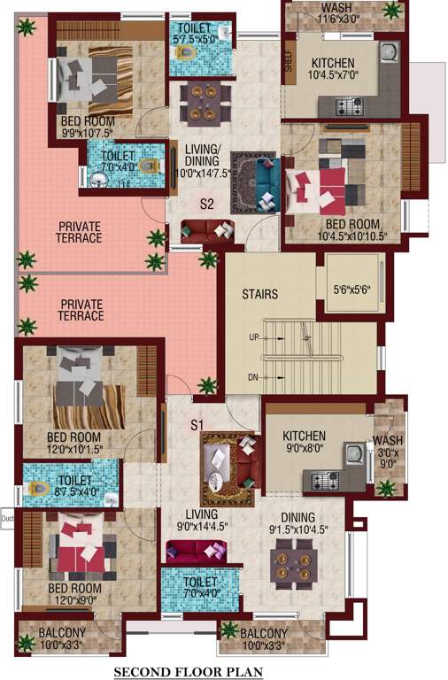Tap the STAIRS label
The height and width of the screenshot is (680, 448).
pos(261,294)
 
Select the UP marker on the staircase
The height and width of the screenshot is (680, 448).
pos(253,338)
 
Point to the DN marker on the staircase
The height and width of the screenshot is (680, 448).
pos(253,378)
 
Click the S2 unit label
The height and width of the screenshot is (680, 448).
pos(207,204)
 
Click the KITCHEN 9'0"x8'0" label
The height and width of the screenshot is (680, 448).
pos(304,443)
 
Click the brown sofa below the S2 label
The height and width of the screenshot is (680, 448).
pos(207,231)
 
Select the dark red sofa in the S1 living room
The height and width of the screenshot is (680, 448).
pos(195,554)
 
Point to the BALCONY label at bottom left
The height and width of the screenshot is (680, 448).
pos(62,639)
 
